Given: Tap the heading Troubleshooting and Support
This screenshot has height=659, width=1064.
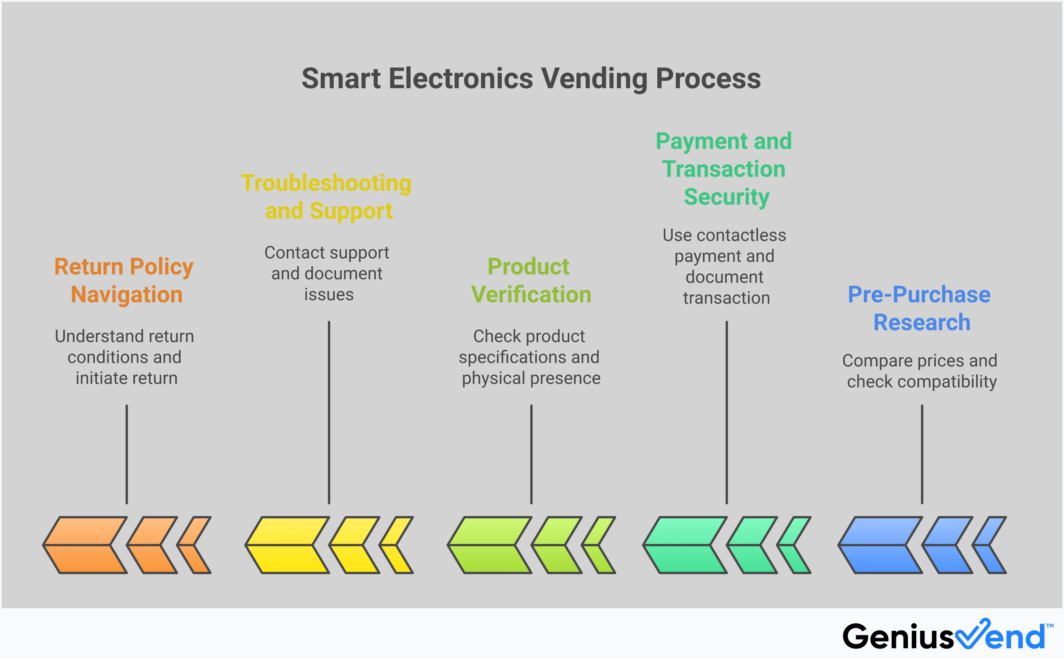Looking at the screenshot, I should [327, 196].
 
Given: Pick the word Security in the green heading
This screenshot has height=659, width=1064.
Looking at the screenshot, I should [726, 197].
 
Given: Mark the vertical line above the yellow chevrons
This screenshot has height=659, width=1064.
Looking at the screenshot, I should [329, 412].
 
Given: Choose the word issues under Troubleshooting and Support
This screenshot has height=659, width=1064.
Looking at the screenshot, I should [329, 295].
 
